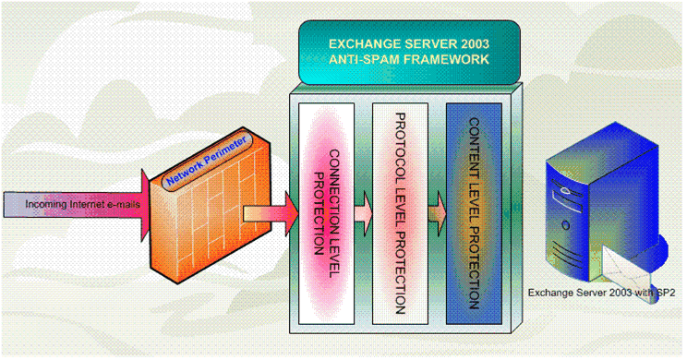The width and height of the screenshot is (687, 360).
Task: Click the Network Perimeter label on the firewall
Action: pyautogui.click(x=207, y=160)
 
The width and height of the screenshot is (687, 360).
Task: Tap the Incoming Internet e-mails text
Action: pyautogui.click(x=83, y=204)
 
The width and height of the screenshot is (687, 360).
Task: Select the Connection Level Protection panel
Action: pyautogui.click(x=326, y=214)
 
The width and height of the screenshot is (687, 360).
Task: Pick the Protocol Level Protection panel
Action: pyautogui.click(x=400, y=214)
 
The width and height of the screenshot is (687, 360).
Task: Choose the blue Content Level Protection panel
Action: pyautogui.click(x=474, y=214)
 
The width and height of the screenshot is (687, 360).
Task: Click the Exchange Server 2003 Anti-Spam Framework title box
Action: pyautogui.click(x=409, y=52)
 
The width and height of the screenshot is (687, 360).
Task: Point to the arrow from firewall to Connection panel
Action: pyautogui.click(x=271, y=214)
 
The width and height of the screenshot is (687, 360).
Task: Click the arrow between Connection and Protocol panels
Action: pyautogui.click(x=363, y=214)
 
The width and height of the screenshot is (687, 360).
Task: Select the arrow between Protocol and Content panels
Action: pyautogui.click(x=438, y=214)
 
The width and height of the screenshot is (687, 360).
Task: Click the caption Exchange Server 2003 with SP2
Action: pyautogui.click(x=601, y=293)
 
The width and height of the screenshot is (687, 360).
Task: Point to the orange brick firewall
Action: pyautogui.click(x=211, y=206)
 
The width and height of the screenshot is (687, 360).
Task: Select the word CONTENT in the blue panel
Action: pyautogui.click(x=474, y=149)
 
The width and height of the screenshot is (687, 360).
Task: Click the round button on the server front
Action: pyautogui.click(x=566, y=226)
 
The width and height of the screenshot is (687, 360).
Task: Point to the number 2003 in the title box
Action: pyautogui.click(x=473, y=43)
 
